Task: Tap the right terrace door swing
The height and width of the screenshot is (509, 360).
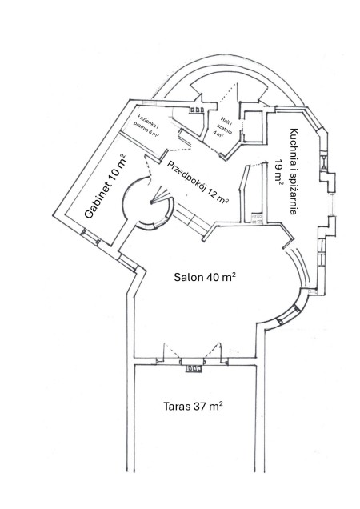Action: pos(216,351)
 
